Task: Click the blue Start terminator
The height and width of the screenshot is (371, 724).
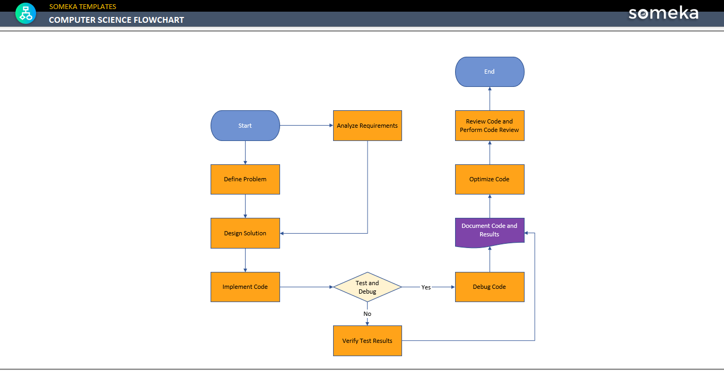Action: tap(245, 126)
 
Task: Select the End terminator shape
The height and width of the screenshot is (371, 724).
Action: tap(490, 72)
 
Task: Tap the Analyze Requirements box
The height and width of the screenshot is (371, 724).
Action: tap(367, 126)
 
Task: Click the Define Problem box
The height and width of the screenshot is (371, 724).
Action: tap(245, 179)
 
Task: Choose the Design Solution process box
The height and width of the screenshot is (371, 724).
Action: tap(245, 233)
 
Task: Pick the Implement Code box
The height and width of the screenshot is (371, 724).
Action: tap(245, 287)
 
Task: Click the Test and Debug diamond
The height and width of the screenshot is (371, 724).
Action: tap(367, 287)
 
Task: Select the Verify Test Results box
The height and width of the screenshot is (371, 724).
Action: tap(367, 341)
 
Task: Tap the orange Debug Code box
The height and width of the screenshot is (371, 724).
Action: tap(490, 287)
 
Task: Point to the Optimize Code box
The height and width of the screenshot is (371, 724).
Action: tap(490, 179)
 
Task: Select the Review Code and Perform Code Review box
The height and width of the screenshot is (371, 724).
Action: tap(490, 126)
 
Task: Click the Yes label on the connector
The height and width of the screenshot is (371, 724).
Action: tap(426, 287)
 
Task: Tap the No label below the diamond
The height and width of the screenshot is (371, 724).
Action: tap(367, 314)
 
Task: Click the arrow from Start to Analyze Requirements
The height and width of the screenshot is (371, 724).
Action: tap(306, 126)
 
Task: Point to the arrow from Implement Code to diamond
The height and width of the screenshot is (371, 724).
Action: tap(306, 287)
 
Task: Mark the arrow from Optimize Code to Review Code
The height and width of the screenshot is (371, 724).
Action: tap(490, 153)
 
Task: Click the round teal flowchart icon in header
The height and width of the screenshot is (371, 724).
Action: tap(25, 13)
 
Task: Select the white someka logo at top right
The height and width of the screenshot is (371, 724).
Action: tap(663, 13)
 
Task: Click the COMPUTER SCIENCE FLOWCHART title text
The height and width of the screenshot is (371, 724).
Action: tap(117, 20)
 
